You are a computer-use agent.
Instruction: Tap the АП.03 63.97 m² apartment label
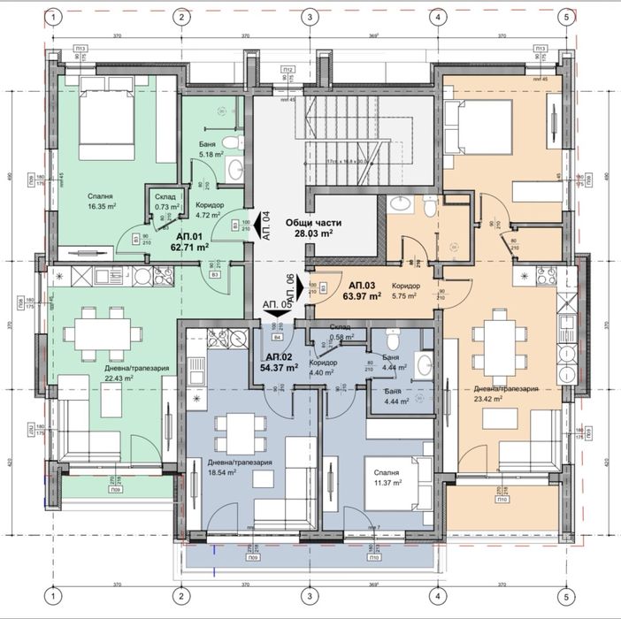[363, 291]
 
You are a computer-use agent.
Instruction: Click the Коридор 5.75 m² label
[406, 291]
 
